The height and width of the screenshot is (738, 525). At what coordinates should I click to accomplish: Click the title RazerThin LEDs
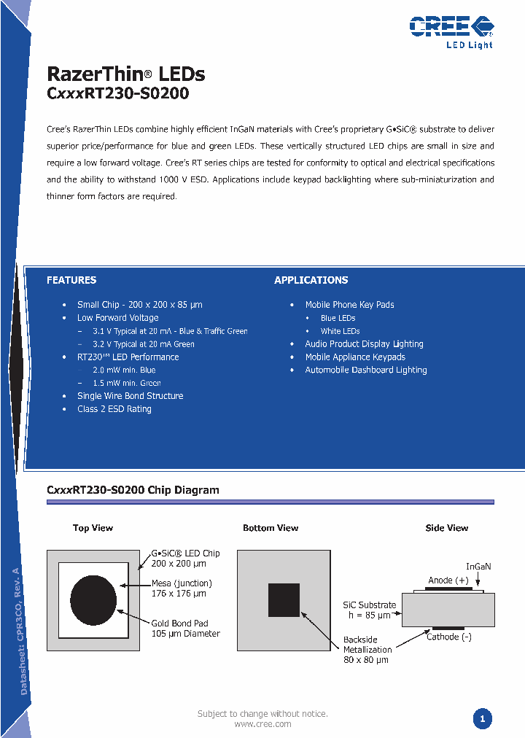point(125,74)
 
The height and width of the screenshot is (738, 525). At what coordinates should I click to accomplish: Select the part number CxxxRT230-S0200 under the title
point(117,93)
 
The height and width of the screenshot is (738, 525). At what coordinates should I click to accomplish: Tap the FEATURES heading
point(71,280)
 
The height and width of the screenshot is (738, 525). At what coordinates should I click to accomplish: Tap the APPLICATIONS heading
point(311,280)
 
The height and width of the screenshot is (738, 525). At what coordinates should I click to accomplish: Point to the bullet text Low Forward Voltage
point(117,318)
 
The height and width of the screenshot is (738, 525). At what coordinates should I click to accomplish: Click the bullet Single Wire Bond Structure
point(130,396)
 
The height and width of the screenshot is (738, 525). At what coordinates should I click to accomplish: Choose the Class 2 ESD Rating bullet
point(114,409)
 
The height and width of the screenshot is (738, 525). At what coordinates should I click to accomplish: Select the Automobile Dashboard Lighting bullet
point(365,370)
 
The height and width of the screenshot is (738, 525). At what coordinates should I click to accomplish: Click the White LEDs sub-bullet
point(340,331)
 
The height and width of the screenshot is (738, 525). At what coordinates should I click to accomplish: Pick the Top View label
point(93,528)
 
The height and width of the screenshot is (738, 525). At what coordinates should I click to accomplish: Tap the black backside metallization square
point(284,600)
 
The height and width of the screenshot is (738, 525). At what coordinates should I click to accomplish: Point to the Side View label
point(447,528)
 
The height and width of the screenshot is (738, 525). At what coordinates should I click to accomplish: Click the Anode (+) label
point(448,580)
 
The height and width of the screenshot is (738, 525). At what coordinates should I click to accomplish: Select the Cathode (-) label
point(448,637)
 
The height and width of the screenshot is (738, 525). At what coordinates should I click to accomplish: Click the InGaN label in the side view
point(478,567)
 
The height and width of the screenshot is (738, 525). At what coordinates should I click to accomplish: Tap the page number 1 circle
point(481,719)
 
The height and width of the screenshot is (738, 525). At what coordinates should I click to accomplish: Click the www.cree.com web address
point(262,724)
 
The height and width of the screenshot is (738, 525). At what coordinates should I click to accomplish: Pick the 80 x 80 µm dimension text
point(366,660)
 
